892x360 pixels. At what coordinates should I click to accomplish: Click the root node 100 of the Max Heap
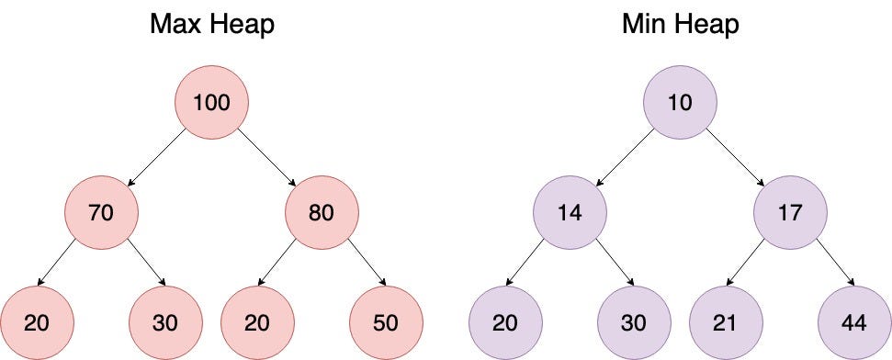[x=211, y=103]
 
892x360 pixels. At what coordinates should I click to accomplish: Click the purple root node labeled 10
[x=680, y=103]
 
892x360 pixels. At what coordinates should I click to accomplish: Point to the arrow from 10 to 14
[x=625, y=159]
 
